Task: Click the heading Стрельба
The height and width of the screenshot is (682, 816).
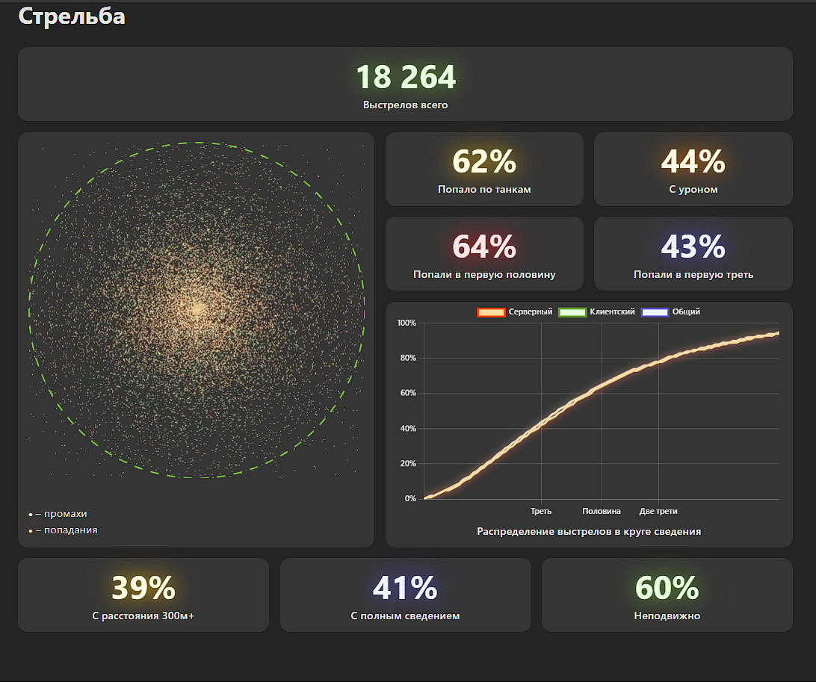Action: tap(72, 16)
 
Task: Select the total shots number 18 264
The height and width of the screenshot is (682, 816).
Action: tap(405, 78)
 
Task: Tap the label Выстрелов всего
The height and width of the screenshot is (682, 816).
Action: tap(405, 105)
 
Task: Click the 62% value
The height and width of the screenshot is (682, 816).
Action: tap(484, 161)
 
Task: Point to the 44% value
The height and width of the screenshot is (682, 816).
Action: tap(693, 161)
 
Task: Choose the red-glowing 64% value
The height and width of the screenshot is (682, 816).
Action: tap(484, 247)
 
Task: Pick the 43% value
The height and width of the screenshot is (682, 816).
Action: tap(693, 247)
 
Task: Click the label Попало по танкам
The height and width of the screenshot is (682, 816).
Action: tap(484, 190)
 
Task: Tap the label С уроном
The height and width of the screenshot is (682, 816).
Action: tap(693, 190)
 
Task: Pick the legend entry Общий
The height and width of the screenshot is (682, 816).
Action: tap(685, 312)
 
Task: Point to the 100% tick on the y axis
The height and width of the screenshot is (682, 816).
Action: tap(407, 323)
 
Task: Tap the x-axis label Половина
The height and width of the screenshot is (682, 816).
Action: tap(602, 512)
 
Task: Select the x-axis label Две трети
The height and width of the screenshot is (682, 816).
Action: tap(658, 512)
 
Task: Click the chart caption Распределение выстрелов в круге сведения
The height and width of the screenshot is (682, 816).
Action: tap(589, 532)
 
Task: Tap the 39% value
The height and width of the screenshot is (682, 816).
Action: tap(143, 589)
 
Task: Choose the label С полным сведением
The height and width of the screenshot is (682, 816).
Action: tap(405, 616)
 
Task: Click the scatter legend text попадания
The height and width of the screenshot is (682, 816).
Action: tap(70, 530)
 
